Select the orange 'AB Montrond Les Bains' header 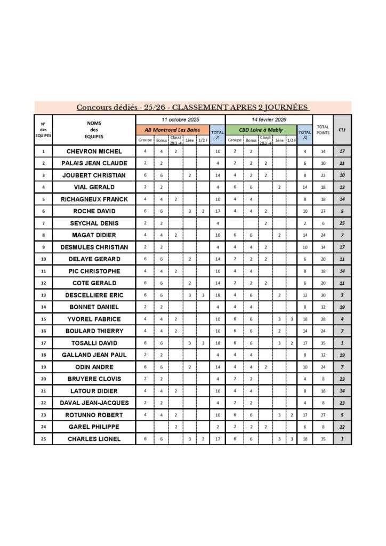click(173, 130)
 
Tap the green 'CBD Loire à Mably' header click(261, 130)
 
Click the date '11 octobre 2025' click(180, 119)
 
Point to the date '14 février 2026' click(269, 119)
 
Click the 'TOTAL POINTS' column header click(323, 130)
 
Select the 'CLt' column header click(342, 130)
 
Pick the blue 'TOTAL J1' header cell click(217, 134)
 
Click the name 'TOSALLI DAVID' click(94, 343)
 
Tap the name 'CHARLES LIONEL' click(94, 439)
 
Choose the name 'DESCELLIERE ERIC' click(94, 295)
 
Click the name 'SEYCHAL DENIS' click(94, 223)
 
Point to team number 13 click(43, 295)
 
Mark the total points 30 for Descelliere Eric click(323, 295)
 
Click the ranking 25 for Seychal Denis click(342, 223)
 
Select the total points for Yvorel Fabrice click(323, 319)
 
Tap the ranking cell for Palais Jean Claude click(342, 163)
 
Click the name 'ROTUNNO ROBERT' click(94, 415)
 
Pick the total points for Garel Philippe click(323, 427)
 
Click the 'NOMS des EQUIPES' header click(94, 130)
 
